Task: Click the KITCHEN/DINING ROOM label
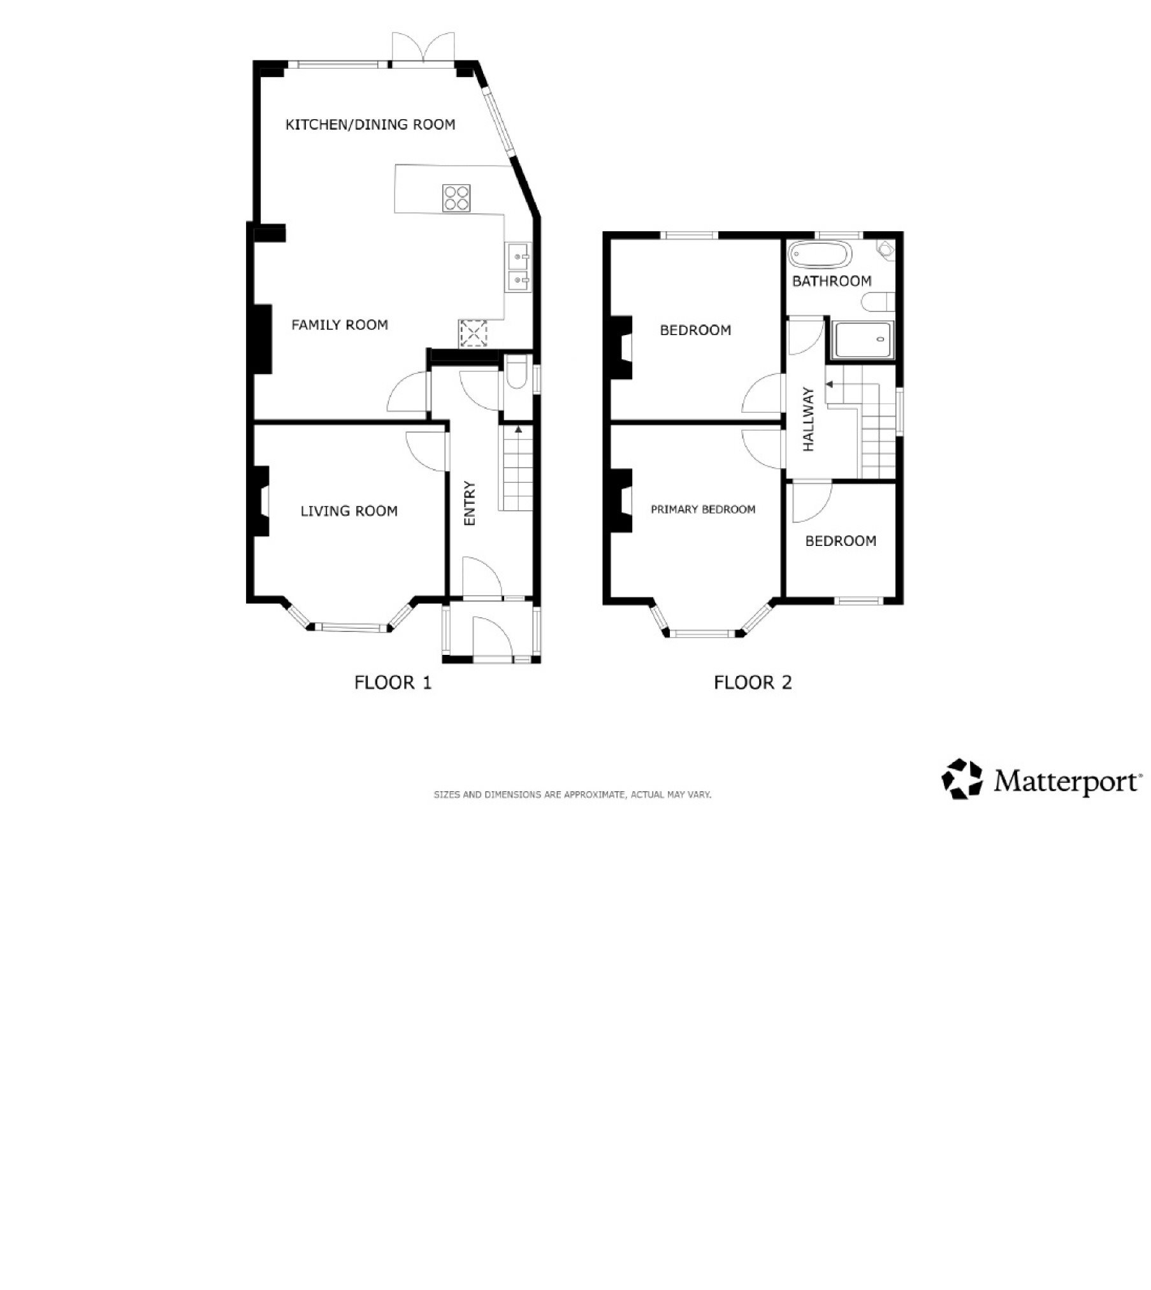(x=370, y=124)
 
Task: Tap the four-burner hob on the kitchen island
(x=456, y=197)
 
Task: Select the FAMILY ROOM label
(x=340, y=325)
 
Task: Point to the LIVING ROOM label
(x=349, y=511)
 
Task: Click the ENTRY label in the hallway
(x=470, y=503)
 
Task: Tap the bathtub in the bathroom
(x=820, y=256)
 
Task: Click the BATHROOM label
(x=831, y=281)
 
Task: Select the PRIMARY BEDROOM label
(x=703, y=510)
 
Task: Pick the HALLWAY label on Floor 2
(x=809, y=420)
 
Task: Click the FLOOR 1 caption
(x=393, y=683)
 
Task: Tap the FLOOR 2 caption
(x=753, y=683)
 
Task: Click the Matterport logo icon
(x=962, y=778)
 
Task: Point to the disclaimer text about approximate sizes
(x=572, y=795)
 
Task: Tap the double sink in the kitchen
(x=519, y=268)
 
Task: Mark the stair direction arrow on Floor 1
(x=518, y=430)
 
